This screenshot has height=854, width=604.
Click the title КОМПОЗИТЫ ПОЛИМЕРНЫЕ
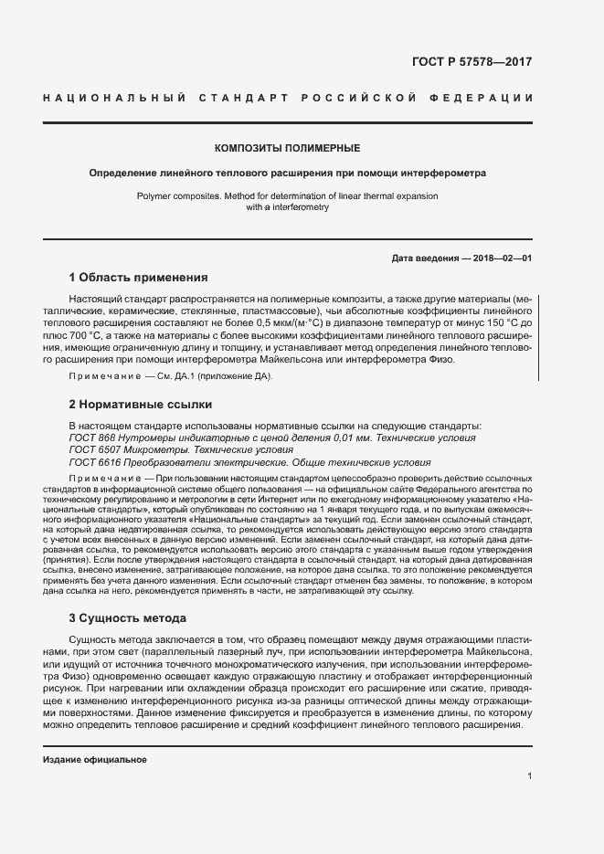pos(287,147)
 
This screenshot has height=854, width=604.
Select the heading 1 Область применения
pos(139,277)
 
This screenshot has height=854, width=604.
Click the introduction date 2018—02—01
pos(502,258)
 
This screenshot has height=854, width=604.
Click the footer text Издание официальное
pos(95,759)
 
